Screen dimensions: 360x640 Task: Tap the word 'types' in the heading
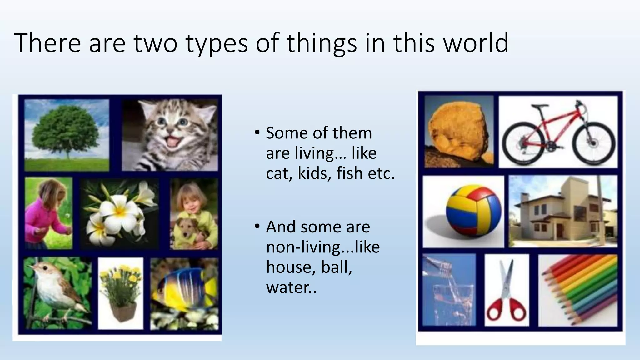pyautogui.click(x=216, y=44)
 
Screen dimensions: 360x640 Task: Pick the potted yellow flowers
pyautogui.click(x=121, y=292)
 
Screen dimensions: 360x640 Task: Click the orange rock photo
pyautogui.click(x=458, y=131)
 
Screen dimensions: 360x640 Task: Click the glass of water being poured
pyautogui.click(x=449, y=292)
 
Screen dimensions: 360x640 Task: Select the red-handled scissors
pyautogui.click(x=507, y=292)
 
